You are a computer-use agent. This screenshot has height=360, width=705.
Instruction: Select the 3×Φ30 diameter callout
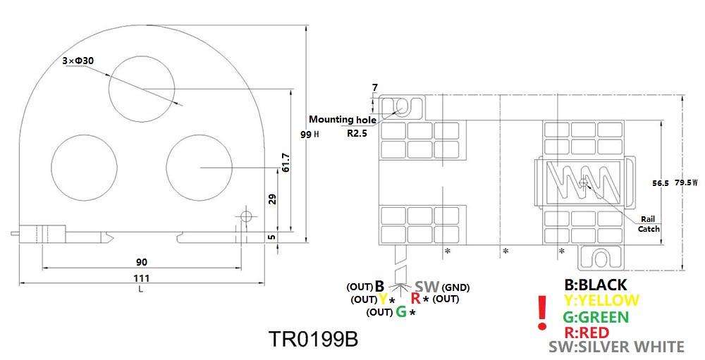(78, 61)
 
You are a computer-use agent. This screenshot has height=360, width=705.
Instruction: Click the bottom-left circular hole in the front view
(83, 168)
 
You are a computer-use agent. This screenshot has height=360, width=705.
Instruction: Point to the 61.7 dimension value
(285, 164)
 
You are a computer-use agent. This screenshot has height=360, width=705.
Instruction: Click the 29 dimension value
(273, 200)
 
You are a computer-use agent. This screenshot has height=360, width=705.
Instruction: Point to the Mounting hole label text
(342, 119)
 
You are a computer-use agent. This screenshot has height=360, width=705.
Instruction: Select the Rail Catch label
(649, 224)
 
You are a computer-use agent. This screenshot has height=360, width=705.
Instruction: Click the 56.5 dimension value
(660, 182)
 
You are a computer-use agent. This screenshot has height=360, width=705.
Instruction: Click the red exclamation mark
(542, 314)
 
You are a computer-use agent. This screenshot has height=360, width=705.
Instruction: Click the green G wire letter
(400, 311)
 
